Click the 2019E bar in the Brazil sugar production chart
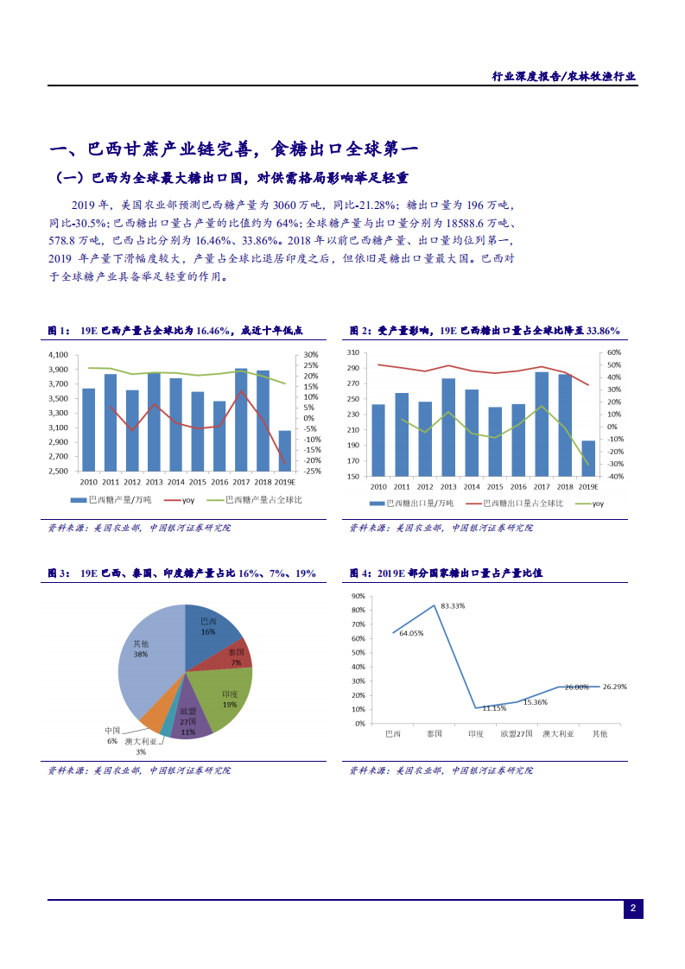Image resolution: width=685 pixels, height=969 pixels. (285, 451)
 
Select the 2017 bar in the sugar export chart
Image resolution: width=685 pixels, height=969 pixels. (542, 423)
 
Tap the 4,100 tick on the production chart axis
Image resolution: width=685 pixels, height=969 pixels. (59, 355)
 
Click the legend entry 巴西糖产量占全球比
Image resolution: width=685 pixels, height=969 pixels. (263, 500)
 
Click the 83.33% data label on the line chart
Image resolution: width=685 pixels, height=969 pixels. (452, 606)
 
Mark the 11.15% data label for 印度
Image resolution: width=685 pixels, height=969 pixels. (493, 708)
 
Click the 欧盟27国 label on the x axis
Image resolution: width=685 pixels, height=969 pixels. (517, 734)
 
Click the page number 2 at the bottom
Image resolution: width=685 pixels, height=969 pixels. (633, 909)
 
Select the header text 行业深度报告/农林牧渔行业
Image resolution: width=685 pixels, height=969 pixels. (563, 76)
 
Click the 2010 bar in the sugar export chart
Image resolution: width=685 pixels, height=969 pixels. (378, 440)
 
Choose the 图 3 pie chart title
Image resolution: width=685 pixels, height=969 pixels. (181, 573)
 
